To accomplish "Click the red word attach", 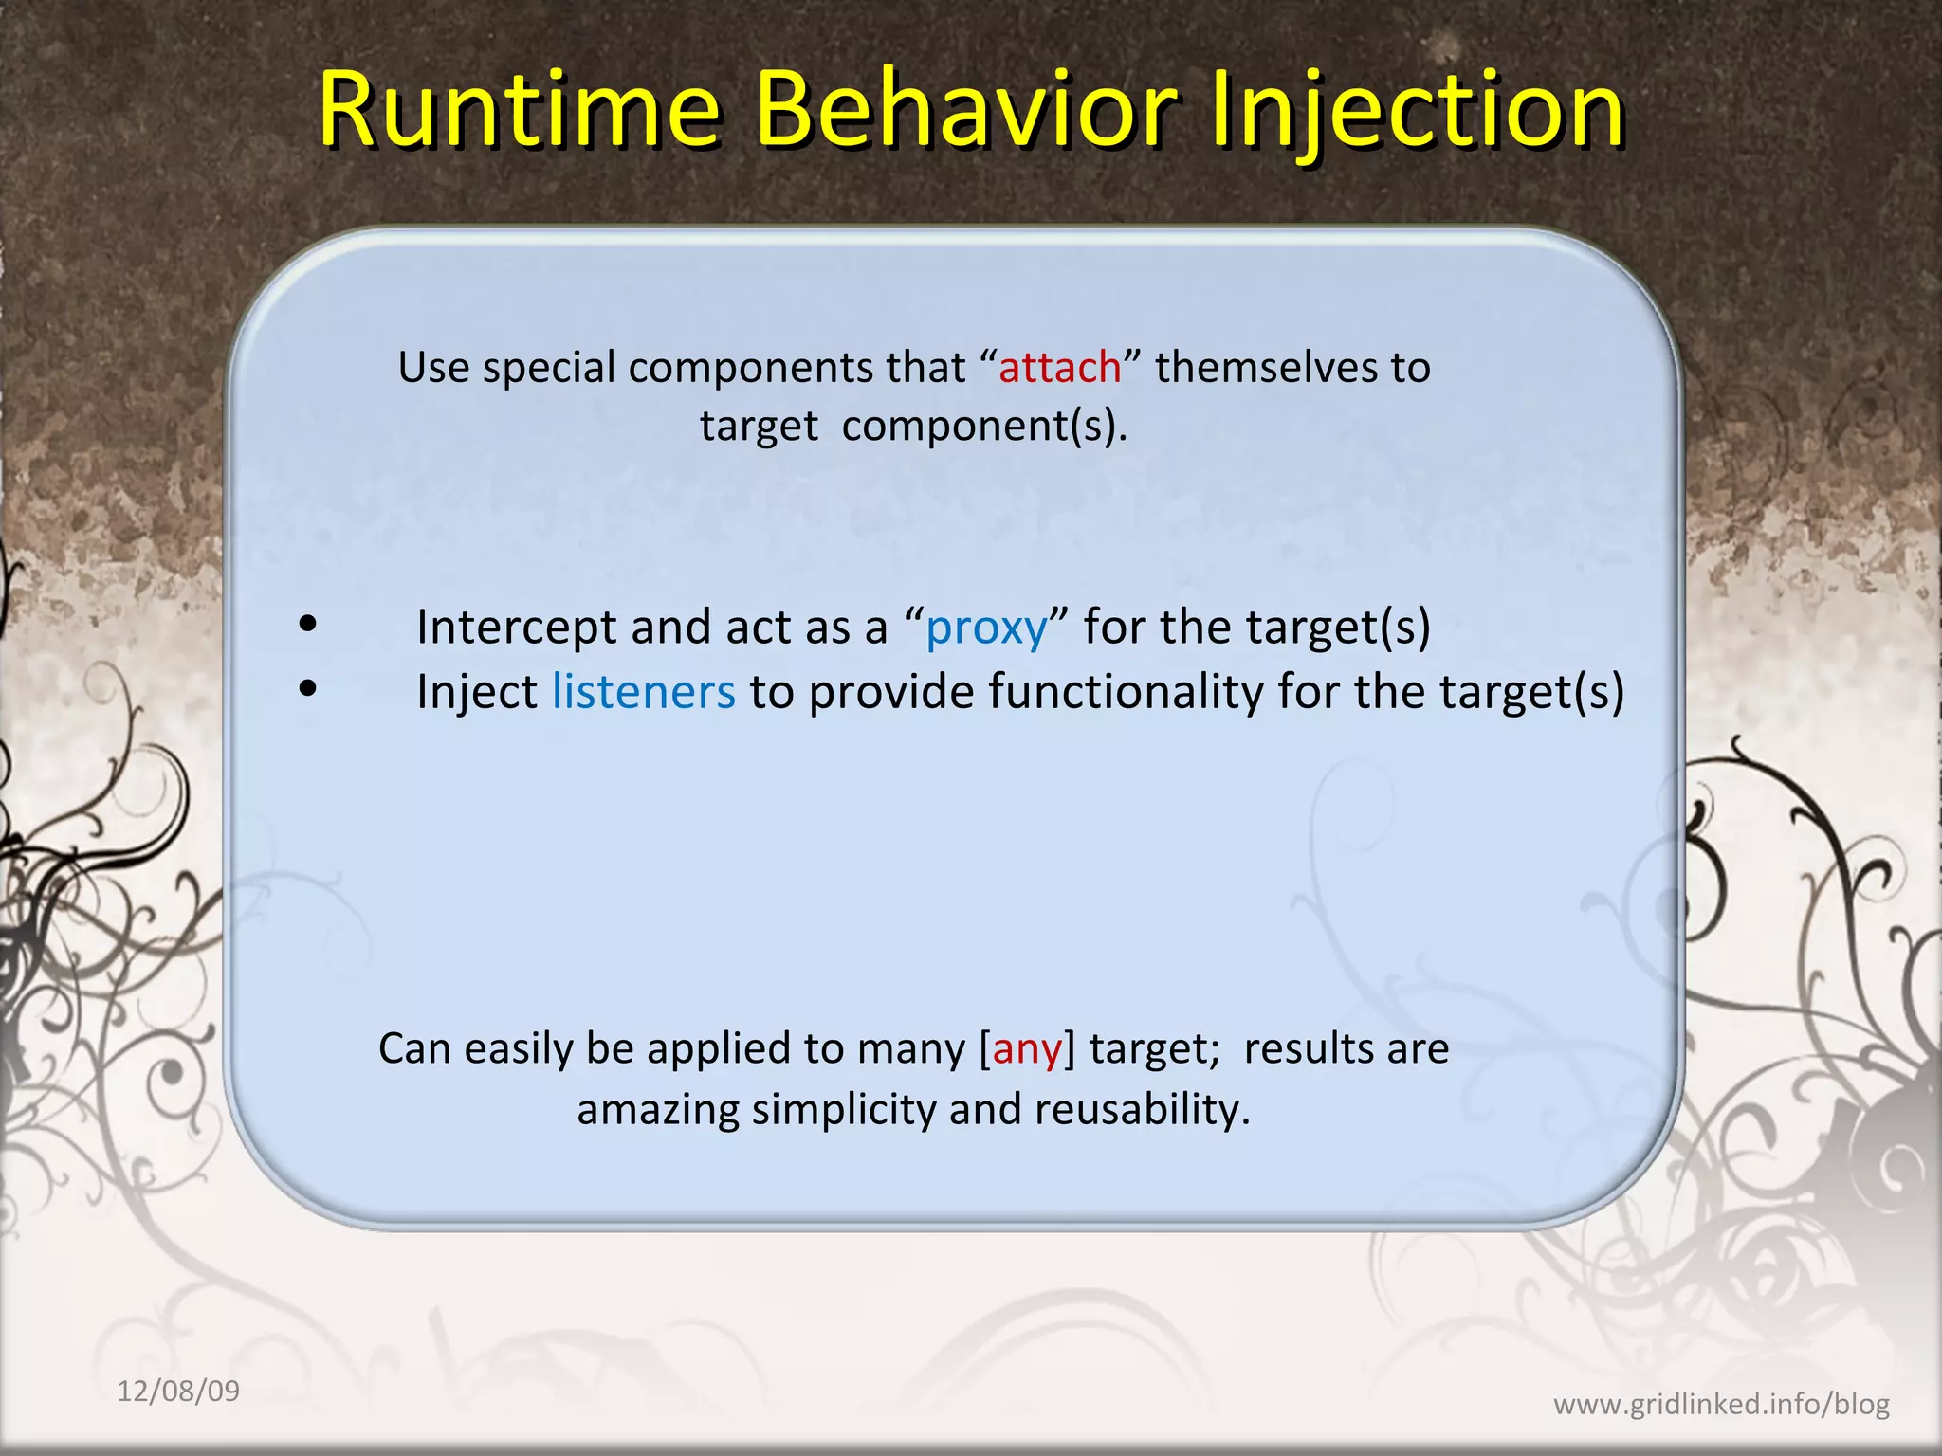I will click(x=1059, y=368).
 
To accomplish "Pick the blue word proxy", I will click(x=986, y=628).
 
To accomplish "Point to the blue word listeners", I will click(x=643, y=692).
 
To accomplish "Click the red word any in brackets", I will click(x=1026, y=1049).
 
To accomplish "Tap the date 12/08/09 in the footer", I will click(x=178, y=1392).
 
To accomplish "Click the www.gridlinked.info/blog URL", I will click(x=1720, y=1404).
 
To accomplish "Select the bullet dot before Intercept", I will click(x=307, y=626).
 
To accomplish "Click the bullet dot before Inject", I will click(x=307, y=690).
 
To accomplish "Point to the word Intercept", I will click(x=517, y=628).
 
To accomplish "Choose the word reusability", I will click(x=1143, y=1110).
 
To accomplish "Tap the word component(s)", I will click(x=984, y=427).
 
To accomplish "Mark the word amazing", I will click(x=657, y=1110).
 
